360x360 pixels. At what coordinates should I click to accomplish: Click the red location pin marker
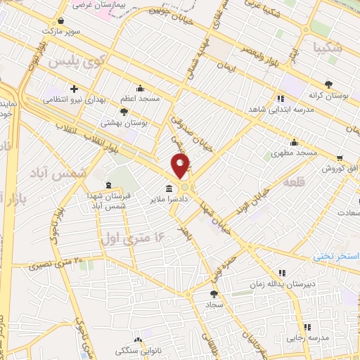coord(181,166)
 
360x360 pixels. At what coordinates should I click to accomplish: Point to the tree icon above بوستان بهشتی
coord(124,111)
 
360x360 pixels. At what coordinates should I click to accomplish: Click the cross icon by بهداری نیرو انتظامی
coord(74,89)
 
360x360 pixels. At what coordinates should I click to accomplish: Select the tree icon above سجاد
coord(214,293)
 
